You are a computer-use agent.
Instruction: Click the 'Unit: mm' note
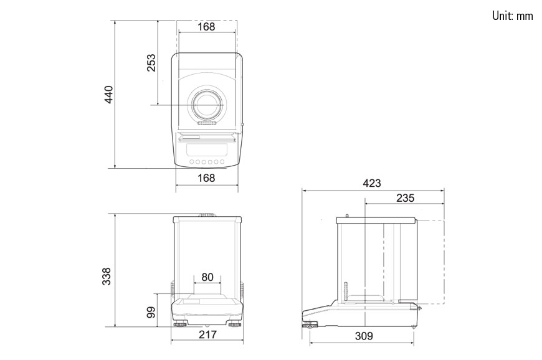512,16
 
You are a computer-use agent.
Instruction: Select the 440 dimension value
109,94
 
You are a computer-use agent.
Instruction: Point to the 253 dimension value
151,62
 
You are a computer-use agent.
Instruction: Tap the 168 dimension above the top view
206,26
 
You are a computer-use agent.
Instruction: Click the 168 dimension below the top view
206,178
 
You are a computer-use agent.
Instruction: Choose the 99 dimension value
151,312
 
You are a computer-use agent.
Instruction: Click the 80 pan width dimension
207,277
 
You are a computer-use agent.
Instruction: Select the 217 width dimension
207,335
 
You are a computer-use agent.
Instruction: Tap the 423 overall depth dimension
371,183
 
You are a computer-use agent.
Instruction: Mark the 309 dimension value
363,336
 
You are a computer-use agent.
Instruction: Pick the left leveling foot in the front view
181,324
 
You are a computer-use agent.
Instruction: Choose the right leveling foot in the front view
234,324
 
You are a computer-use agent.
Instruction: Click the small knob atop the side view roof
346,216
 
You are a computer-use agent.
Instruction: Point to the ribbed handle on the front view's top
207,216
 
